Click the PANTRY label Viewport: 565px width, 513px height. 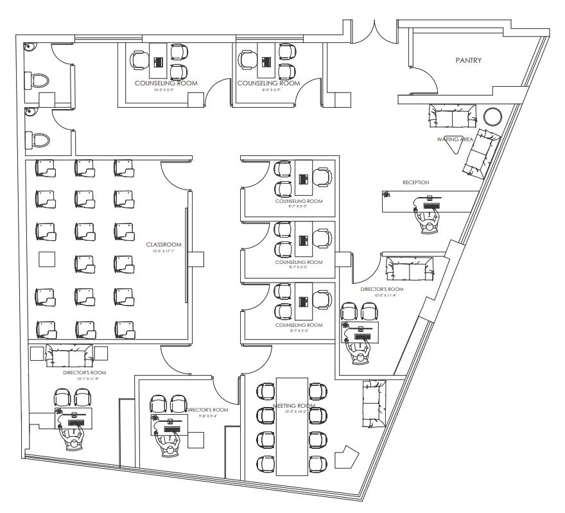tap(468, 60)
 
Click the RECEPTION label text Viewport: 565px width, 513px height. tap(415, 183)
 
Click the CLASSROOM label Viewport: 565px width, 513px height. tap(164, 245)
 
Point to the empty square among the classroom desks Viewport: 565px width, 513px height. tap(47, 260)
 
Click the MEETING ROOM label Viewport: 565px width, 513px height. tap(293, 406)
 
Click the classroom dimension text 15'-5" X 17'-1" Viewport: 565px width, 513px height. tap(164, 252)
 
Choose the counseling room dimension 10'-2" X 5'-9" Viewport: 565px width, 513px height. tap(166, 90)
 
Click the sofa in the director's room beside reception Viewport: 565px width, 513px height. tap(409, 266)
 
